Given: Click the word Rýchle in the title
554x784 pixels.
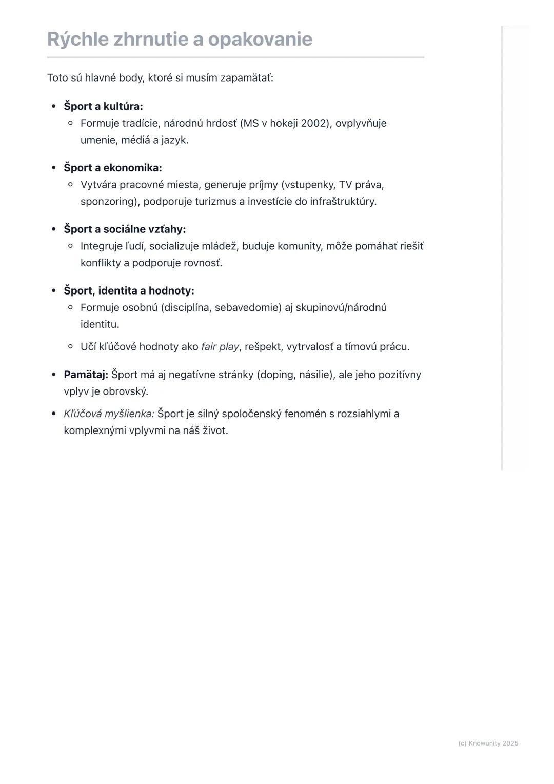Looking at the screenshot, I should (77, 40).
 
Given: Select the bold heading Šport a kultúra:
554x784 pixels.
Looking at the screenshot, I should (103, 106).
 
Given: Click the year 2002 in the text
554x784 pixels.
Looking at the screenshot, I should (314, 123).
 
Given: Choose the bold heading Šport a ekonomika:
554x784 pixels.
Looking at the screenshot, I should (113, 168).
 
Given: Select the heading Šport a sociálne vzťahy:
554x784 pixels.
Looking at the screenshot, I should (125, 229).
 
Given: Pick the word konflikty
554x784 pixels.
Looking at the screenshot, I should (101, 263).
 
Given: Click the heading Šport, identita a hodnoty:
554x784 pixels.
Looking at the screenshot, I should (129, 291).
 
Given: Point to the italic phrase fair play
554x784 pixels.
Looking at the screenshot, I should (220, 347).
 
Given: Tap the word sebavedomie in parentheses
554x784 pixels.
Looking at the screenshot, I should (248, 308).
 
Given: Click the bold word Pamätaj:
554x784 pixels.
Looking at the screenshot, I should (86, 375).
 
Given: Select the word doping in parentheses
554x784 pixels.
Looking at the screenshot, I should (276, 375).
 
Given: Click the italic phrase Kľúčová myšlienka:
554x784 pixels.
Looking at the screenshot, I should (109, 414).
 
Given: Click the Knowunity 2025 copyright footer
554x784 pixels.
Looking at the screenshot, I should (488, 743).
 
